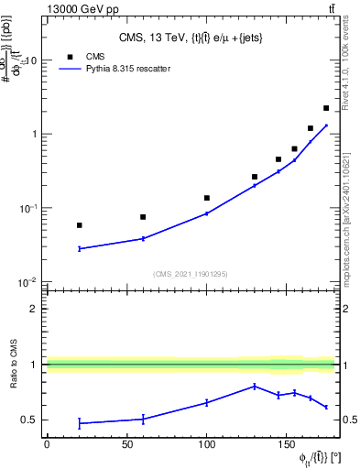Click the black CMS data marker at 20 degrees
pos(80,225)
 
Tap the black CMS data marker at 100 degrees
pos(207,198)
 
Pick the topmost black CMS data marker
pos(326,108)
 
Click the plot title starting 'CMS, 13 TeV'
pos(190,38)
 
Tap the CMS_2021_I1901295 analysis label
pos(190,274)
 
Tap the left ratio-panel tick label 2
pos(33,309)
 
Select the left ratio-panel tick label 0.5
pos(29,420)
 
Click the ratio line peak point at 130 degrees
pos(255,387)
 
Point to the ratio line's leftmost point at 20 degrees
pos(80,423)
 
